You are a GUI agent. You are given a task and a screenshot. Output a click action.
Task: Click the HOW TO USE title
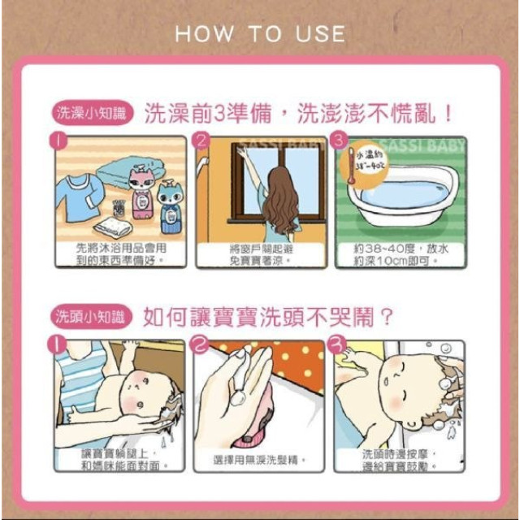260,34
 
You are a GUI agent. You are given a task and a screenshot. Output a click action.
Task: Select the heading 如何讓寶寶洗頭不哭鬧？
268,315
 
